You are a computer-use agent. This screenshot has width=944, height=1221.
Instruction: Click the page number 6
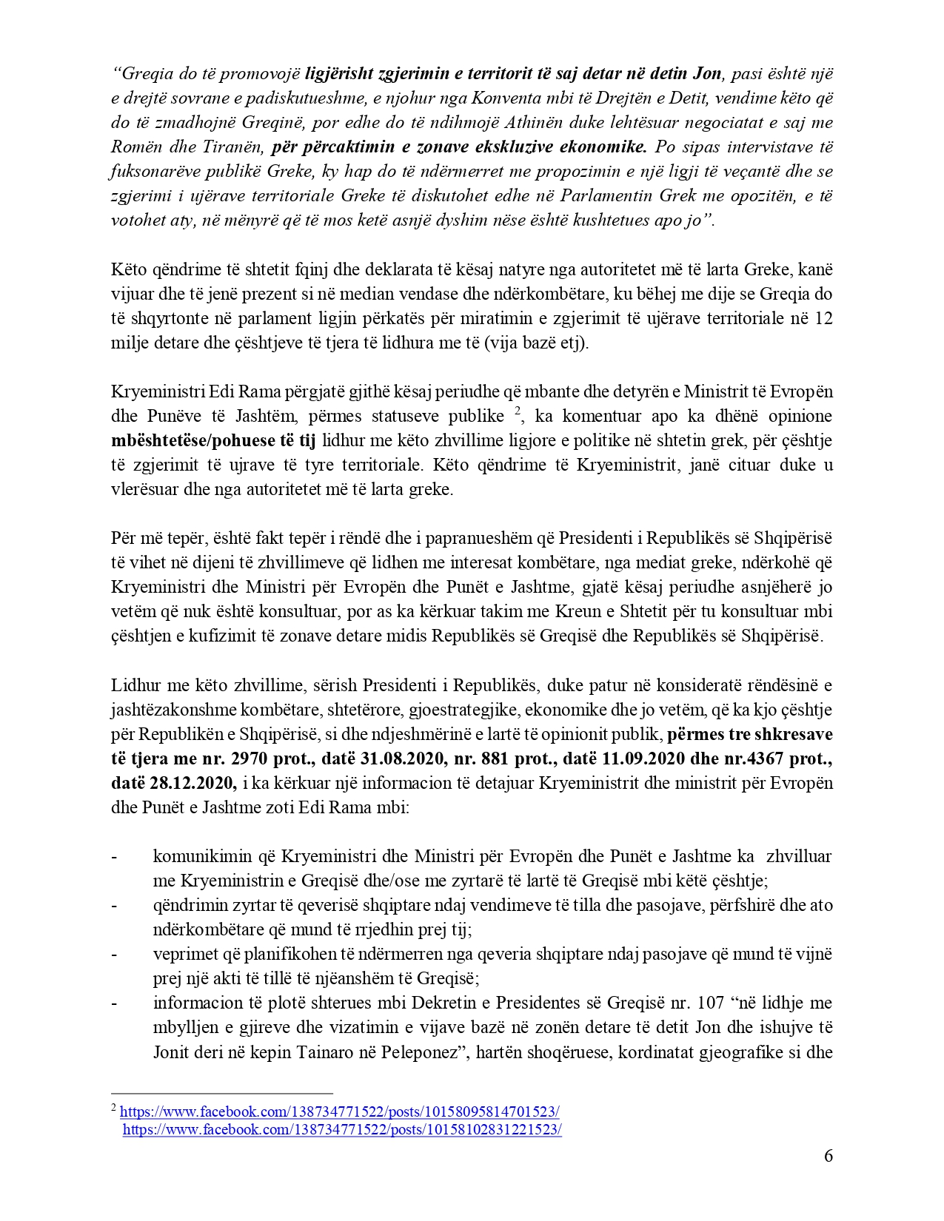828,1156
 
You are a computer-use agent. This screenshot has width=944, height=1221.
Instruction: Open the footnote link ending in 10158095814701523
340,1111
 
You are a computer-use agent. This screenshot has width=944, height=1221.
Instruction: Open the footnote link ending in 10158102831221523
342,1129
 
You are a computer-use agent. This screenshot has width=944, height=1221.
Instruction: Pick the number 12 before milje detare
823,318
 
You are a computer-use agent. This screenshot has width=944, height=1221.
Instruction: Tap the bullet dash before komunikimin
114,857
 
